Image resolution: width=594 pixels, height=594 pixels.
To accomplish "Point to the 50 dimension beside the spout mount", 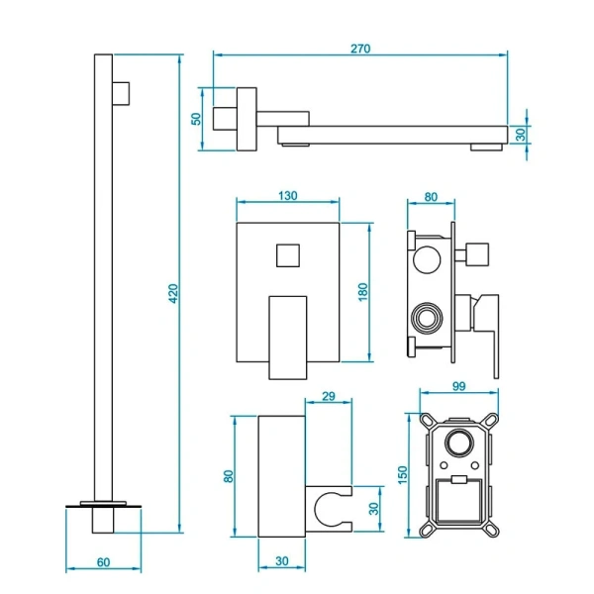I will (x=197, y=119).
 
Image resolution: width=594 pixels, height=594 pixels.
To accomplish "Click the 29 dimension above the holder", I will (x=331, y=396).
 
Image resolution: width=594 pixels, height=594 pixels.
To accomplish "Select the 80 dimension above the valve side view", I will (x=431, y=196).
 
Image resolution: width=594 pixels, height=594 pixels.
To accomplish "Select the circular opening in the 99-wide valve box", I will (x=460, y=442).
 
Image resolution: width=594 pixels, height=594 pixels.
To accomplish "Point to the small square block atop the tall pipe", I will (x=122, y=91).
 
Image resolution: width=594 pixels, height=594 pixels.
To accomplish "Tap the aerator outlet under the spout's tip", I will (x=484, y=148).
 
